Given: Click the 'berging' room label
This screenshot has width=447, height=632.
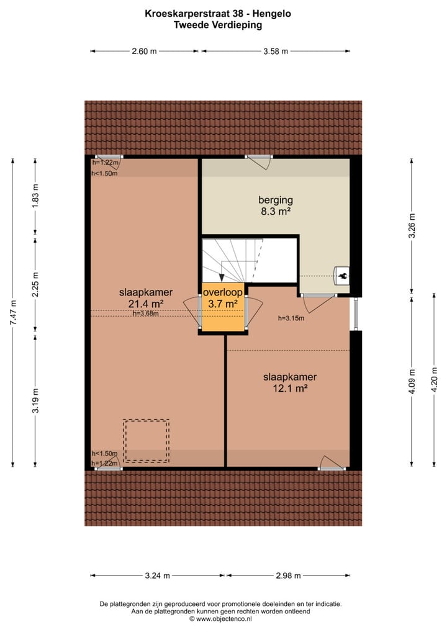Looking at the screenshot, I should click(275, 200).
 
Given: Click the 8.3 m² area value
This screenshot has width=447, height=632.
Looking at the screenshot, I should click(275, 212).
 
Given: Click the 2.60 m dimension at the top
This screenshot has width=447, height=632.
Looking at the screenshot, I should click(144, 52).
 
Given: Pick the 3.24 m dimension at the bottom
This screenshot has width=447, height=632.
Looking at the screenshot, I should click(158, 576).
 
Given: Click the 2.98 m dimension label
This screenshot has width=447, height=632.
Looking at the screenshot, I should click(288, 576).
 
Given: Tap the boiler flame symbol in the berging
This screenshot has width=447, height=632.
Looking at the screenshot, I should click(341, 275).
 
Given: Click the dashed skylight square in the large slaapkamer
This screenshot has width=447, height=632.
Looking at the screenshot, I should click(146, 440).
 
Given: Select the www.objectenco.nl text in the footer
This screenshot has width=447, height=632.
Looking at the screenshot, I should click(226, 618).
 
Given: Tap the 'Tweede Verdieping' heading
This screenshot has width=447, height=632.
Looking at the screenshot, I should click(223, 25).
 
